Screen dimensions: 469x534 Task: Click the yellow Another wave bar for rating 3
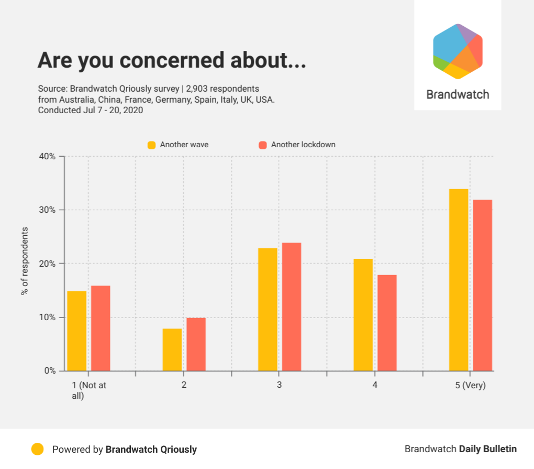[268, 309]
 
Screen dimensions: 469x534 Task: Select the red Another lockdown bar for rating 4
[387, 323]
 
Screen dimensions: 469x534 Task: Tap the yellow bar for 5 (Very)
[459, 280]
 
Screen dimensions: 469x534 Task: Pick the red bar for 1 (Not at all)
[101, 328]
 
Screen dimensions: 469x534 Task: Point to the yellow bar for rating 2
[172, 350]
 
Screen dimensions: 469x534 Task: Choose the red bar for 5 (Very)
[483, 285]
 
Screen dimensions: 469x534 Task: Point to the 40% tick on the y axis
[49, 157]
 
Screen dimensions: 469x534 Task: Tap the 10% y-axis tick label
[49, 318]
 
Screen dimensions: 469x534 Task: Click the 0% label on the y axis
[51, 371]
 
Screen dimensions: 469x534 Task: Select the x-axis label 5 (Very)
[470, 386]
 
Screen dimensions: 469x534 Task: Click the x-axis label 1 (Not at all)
[89, 390]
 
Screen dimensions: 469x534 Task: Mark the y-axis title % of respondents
[24, 261]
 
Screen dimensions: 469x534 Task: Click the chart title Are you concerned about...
[172, 60]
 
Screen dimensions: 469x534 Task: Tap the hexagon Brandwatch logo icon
[458, 51]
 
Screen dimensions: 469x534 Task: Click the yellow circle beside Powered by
[37, 449]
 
